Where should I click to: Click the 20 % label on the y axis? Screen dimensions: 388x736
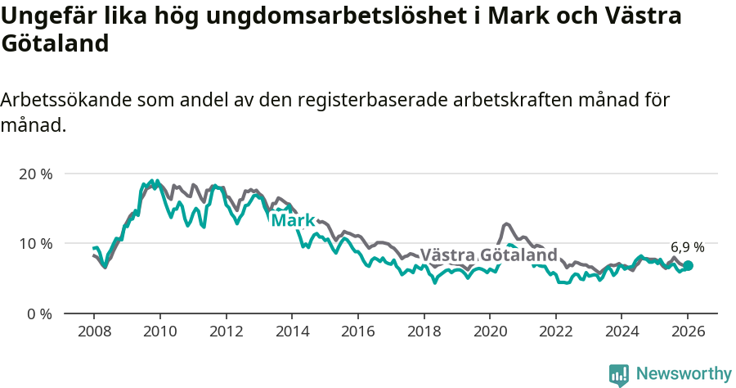[34, 174]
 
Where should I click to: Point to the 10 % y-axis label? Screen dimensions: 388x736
[34, 243]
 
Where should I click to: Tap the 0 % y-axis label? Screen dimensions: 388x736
[38, 314]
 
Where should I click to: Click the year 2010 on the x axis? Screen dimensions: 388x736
[159, 332]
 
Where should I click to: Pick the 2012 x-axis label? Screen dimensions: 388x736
[226, 332]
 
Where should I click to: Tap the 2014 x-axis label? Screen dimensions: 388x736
[291, 332]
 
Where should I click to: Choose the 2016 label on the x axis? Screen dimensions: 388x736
[357, 332]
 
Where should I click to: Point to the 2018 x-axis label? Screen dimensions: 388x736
[424, 332]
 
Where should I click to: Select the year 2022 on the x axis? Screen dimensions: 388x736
[555, 332]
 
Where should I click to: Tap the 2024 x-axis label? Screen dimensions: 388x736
[622, 332]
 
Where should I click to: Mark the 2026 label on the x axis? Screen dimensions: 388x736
[687, 332]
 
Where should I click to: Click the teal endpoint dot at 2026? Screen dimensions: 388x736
[688, 265]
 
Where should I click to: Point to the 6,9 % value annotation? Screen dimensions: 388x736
[687, 246]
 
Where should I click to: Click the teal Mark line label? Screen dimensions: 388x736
[293, 221]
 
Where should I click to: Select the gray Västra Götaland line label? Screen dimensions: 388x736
[488, 255]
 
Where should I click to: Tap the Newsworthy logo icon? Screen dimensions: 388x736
[619, 375]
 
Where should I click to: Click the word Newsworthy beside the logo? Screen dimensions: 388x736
[684, 374]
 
